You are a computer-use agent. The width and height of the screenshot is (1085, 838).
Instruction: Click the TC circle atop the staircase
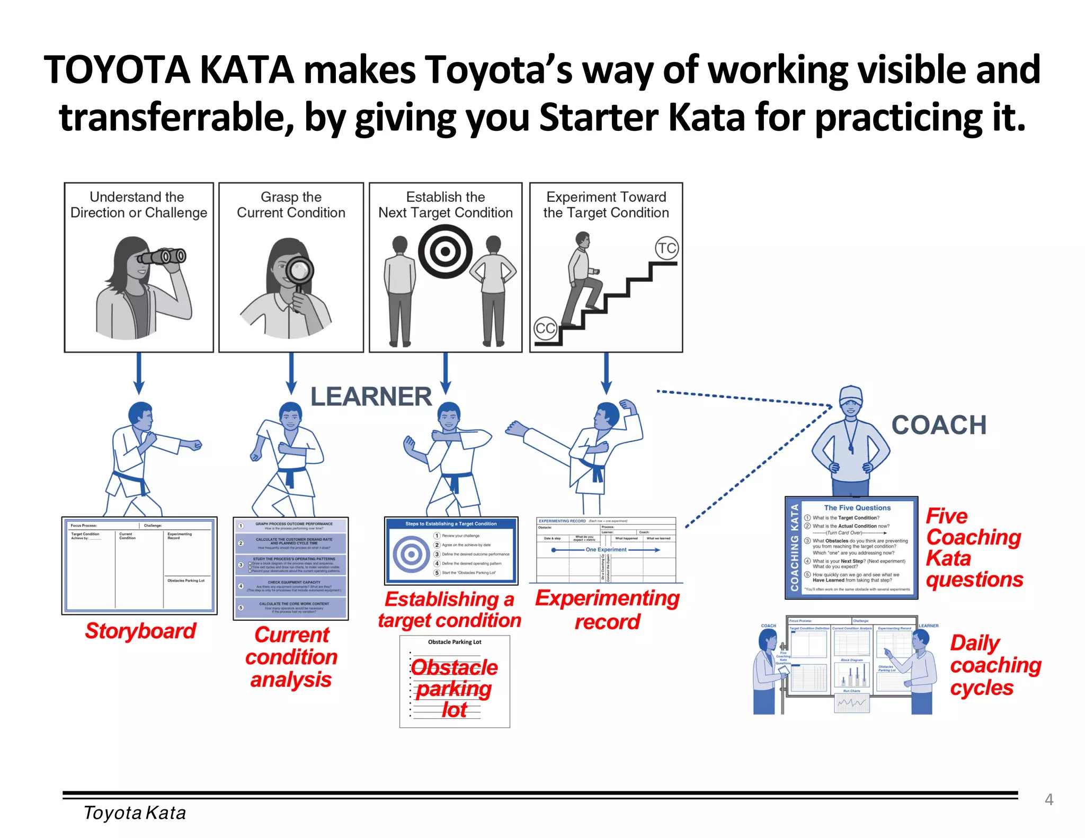point(666,248)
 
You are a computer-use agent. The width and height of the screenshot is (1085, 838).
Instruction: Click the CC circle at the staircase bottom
point(545,328)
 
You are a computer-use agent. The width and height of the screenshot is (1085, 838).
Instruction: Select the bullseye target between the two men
point(445,251)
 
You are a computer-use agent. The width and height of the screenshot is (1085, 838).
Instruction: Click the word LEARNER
point(371,397)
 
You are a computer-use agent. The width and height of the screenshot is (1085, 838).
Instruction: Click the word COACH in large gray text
point(939,425)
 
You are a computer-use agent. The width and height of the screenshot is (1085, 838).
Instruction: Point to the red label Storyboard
point(140,631)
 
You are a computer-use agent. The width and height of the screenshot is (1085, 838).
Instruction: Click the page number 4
point(1048,799)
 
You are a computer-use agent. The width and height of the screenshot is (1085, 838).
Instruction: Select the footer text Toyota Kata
point(135,813)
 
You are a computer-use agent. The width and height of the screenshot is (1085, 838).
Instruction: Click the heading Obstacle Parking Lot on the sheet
point(455,642)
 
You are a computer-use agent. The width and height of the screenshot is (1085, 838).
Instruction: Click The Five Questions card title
point(857,507)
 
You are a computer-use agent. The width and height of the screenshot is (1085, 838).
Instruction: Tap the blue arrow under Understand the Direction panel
point(139,374)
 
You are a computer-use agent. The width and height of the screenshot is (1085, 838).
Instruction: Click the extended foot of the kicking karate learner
point(514,427)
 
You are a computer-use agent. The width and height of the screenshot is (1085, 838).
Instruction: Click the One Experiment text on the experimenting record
point(606,550)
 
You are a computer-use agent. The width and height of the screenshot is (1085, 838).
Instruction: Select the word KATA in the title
point(247,70)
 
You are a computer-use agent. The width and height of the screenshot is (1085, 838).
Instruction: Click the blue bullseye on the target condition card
point(411,555)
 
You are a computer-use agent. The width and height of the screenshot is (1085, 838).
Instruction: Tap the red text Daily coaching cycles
point(995,665)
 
